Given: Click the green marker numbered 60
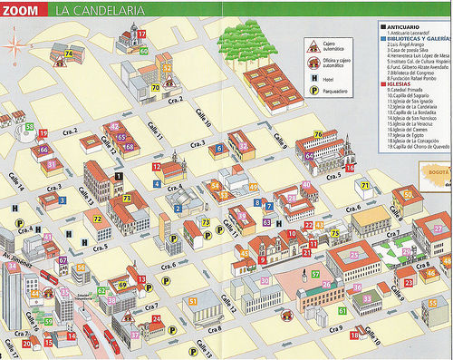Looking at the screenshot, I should click(x=143, y=51).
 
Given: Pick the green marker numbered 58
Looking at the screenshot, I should click(x=30, y=127).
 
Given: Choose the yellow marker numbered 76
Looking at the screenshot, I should click(x=317, y=135).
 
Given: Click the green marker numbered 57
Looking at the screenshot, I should click(x=315, y=273).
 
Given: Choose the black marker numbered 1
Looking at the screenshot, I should click(x=119, y=175).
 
